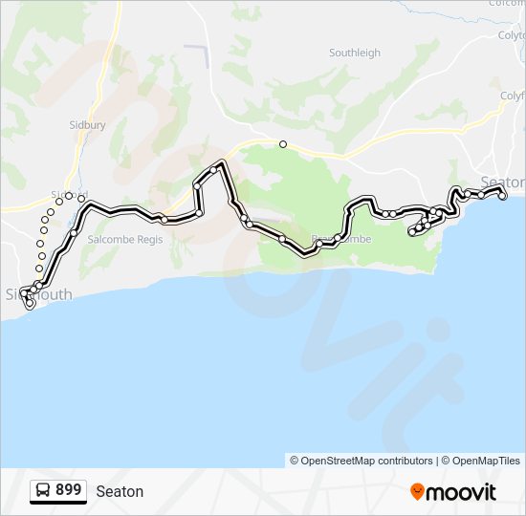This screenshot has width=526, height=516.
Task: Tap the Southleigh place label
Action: pyautogui.click(x=354, y=54)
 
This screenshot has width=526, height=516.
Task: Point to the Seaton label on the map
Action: pyautogui.click(x=502, y=182)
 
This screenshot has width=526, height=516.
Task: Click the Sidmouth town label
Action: pyautogui.click(x=38, y=294)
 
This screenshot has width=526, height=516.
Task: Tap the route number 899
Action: pyautogui.click(x=68, y=490)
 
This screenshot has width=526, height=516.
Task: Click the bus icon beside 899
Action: pyautogui.click(x=43, y=490)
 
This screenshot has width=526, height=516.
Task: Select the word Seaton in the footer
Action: pyautogui.click(x=120, y=491)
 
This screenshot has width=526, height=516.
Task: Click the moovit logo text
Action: pyautogui.click(x=462, y=492)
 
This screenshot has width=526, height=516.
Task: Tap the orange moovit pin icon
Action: pyautogui.click(x=417, y=491)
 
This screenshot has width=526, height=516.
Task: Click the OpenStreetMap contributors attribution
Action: pyautogui.click(x=362, y=461)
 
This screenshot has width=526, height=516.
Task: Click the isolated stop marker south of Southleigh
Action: pyautogui.click(x=282, y=144)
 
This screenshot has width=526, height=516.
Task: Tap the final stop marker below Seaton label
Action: pyautogui.click(x=503, y=197)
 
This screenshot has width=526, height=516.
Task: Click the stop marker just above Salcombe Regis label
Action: pyautogui.click(x=74, y=232)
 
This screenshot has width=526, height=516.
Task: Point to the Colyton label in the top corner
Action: pyautogui.click(x=512, y=34)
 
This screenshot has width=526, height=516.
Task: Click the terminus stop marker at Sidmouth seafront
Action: pyautogui.click(x=30, y=305)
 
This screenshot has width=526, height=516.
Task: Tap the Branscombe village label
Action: pyautogui.click(x=341, y=239)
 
